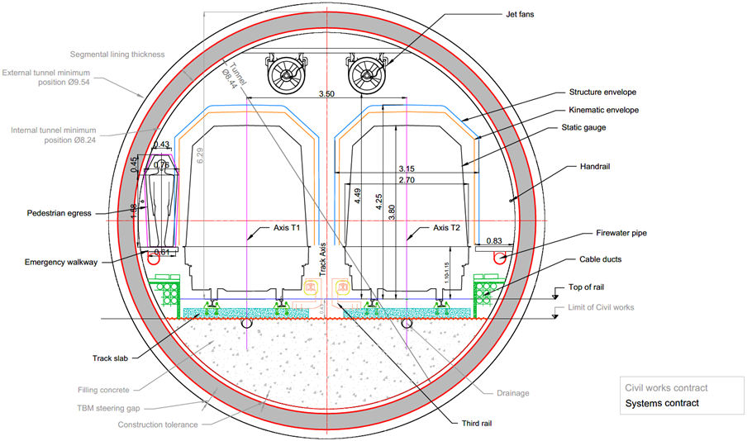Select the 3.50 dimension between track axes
coord(326,95)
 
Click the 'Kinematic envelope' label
coord(603,110)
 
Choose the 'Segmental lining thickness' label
coord(117,55)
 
